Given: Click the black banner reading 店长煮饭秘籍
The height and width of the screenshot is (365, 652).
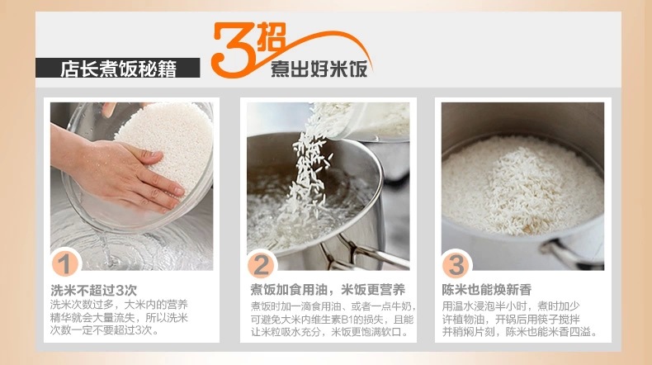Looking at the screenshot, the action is (x=118, y=68).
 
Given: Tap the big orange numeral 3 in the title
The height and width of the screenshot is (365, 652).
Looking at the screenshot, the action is (x=233, y=50).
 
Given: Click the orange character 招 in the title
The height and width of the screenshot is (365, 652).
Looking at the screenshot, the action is (x=271, y=36).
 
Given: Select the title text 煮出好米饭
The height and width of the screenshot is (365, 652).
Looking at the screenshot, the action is (x=319, y=69).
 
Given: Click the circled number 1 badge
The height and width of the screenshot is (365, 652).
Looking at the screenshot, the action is (x=65, y=264).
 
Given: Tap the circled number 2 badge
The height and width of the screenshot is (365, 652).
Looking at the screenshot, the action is (x=261, y=265).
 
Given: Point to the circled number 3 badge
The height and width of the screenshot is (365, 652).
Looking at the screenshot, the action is (x=456, y=265).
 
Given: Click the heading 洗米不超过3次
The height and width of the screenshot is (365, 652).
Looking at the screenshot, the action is (x=93, y=290).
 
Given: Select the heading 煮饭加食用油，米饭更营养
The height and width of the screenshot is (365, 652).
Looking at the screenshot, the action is (x=328, y=289).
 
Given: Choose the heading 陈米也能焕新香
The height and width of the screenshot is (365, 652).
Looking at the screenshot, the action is (x=486, y=290).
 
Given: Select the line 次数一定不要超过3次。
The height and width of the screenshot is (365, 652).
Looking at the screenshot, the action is (x=105, y=330).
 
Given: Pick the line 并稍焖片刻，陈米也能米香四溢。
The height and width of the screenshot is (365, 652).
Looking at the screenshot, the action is (x=520, y=332).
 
